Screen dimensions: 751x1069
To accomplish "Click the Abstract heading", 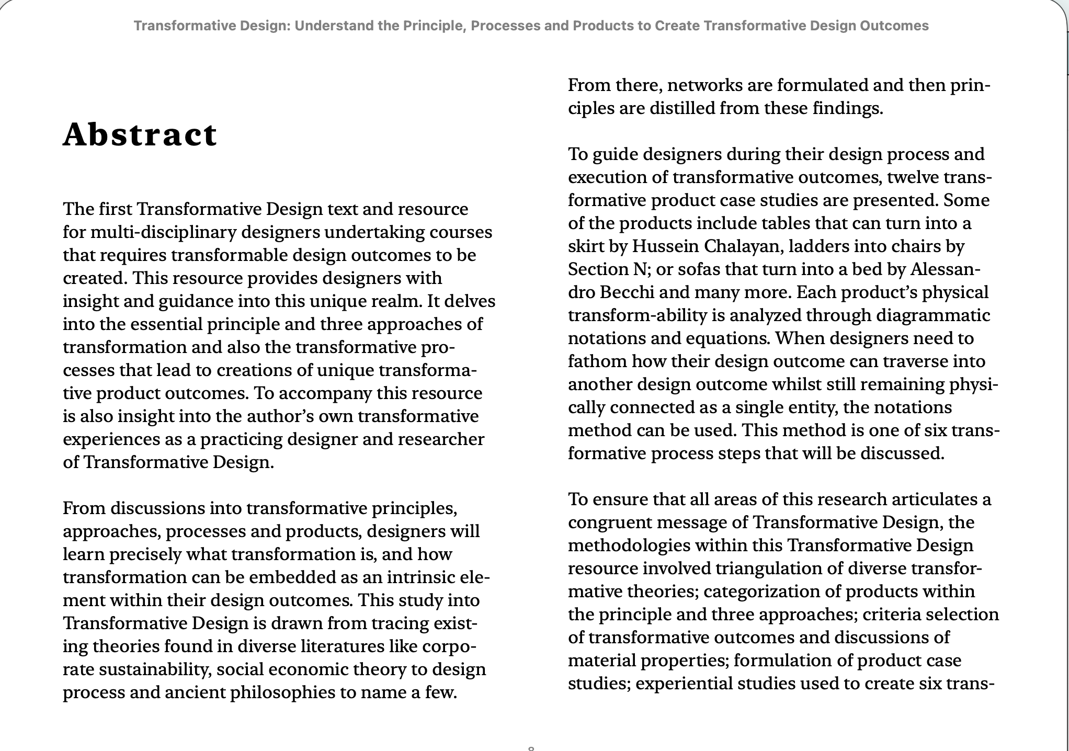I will [x=140, y=135].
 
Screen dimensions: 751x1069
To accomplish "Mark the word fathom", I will [x=597, y=361].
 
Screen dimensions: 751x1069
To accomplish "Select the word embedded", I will [x=292, y=577].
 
